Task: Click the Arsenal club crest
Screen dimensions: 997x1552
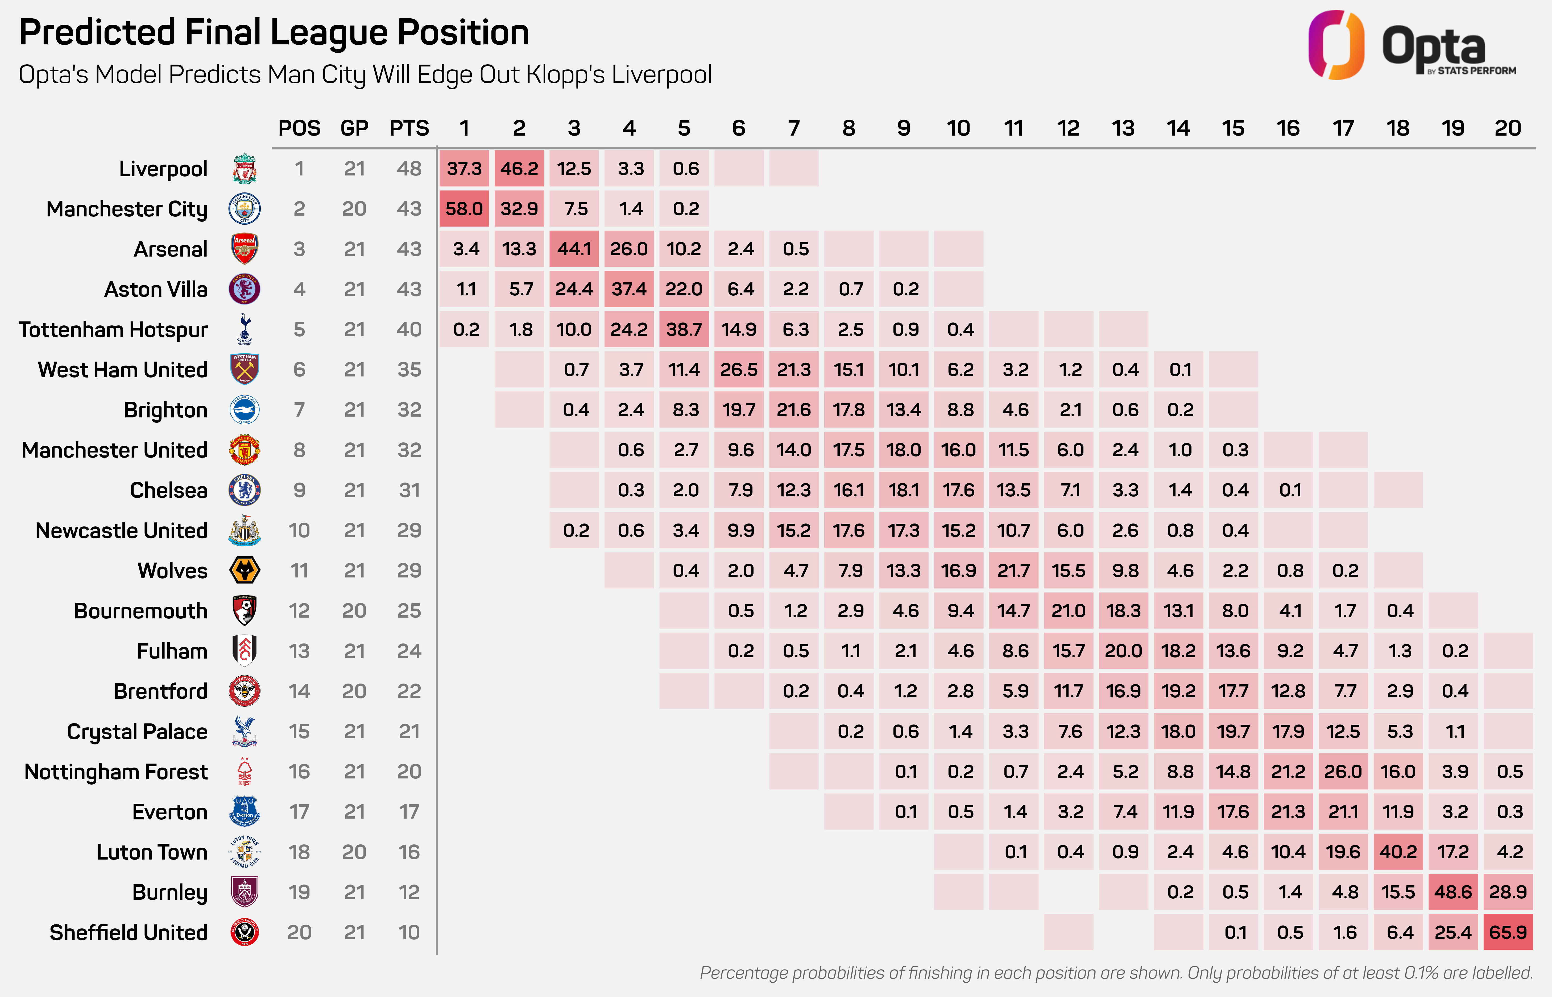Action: pyautogui.click(x=245, y=249)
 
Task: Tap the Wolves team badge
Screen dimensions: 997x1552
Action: pyautogui.click(x=245, y=570)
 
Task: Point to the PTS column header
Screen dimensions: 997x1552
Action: pyautogui.click(x=409, y=128)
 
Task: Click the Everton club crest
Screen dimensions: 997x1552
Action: pyautogui.click(x=245, y=812)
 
